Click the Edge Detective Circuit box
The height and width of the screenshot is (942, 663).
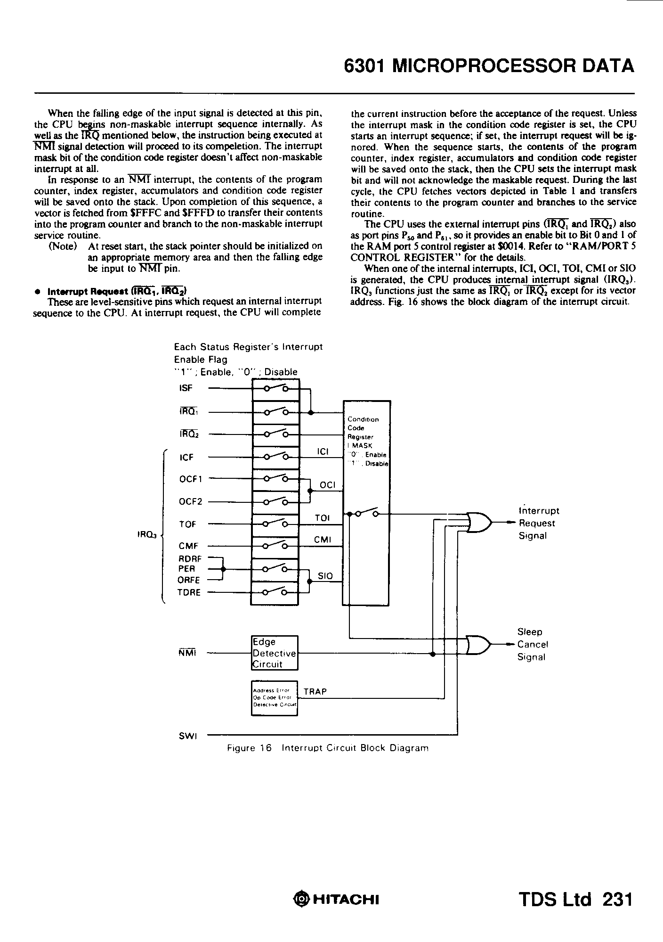tap(275, 653)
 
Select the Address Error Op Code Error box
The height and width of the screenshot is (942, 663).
tap(275, 698)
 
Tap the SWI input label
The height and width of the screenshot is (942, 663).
tap(188, 736)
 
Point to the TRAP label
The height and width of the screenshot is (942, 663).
tap(315, 691)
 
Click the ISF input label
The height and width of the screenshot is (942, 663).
tap(186, 388)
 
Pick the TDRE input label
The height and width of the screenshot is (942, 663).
tap(188, 592)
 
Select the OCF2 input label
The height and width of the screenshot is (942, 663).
tap(190, 501)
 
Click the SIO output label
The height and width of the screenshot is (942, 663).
tap(325, 576)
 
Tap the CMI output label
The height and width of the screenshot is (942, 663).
tap(323, 540)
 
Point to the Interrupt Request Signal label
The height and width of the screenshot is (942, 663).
tap(538, 523)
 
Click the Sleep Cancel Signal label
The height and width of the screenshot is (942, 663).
tap(532, 644)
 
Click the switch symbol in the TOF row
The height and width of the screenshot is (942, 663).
tap(275, 523)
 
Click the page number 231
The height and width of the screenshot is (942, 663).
tap(617, 899)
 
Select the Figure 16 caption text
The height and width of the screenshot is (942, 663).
tap(328, 748)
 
